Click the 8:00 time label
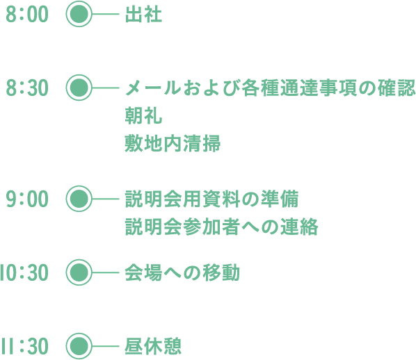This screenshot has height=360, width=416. coord(27,15)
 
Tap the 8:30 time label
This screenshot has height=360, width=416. coord(27,88)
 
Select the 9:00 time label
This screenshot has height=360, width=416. coord(27,199)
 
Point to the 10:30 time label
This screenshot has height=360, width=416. coord(24,272)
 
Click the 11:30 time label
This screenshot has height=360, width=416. coord(24,346)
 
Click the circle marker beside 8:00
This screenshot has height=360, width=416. coord(79,14)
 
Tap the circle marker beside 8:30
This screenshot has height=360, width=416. coord(79,88)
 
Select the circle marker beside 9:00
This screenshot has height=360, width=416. coord(79,199)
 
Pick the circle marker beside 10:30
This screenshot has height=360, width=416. coord(79,272)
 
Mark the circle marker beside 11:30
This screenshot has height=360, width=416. coord(79,346)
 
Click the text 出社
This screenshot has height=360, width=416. coord(143,15)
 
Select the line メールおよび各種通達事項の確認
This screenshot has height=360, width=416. coord(271,88)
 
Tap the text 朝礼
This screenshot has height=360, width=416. coord(143,115)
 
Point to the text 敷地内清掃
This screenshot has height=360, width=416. coord(173,143)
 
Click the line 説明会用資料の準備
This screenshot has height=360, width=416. coord(211,199)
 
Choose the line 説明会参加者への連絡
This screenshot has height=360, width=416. coord(221,227)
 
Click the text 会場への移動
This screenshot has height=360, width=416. coord(182,272)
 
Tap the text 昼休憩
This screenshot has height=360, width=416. coord(153,346)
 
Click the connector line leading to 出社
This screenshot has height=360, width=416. coord(105,14)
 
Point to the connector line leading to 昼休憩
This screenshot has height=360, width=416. coord(105,346)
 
